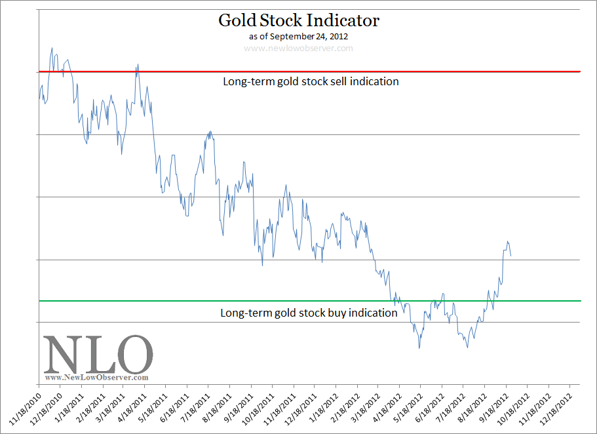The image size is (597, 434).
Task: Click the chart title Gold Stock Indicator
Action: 298,20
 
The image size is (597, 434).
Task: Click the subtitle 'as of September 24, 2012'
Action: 298,36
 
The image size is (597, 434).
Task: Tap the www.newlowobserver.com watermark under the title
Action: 298,48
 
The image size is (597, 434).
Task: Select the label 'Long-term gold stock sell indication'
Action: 311,82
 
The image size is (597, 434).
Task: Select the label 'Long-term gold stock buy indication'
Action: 309,313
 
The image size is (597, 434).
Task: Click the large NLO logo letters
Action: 98,355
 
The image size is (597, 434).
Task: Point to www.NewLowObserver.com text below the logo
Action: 97,378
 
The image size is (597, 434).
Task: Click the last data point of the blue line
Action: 511,256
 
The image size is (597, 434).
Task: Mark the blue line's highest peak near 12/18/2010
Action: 52,48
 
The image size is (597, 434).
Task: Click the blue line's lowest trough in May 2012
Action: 419,347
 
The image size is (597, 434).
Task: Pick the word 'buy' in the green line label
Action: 336,313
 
